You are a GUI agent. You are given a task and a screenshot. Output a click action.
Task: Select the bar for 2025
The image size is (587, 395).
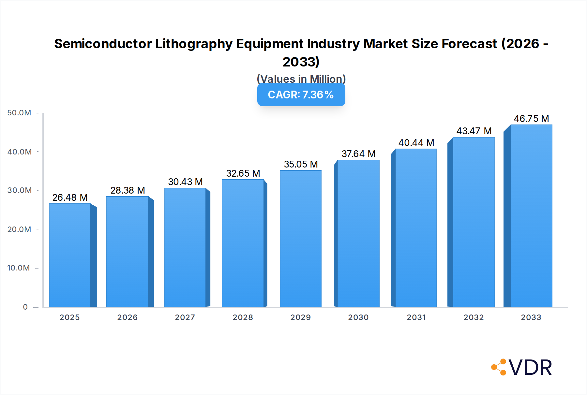pos(70,256)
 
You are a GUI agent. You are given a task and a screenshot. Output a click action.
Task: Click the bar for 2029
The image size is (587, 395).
pos(300,239)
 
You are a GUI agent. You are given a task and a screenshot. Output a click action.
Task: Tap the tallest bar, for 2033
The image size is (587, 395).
pos(531,216)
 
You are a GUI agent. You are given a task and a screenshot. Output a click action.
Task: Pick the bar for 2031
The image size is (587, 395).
pos(416,228)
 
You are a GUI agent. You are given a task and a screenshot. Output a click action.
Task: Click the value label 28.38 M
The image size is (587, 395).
pos(128,190)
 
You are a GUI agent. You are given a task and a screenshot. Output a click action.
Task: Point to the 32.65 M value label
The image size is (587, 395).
pos(243,173)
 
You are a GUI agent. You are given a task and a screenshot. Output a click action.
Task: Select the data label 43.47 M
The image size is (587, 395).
pos(474,131)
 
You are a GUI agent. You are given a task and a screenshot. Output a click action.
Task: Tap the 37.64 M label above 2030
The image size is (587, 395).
pos(358,154)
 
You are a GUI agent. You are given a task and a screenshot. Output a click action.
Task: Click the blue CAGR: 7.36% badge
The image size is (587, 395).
pos(301,95)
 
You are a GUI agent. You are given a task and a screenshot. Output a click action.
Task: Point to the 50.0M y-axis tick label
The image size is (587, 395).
pos(19,113)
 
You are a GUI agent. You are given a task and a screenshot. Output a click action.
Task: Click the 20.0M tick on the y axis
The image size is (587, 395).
pos(19,229)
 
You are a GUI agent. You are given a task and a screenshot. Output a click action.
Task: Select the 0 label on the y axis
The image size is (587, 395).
pos(25,307)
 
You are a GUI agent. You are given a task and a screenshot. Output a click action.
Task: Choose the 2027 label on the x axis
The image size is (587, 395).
pos(185,317)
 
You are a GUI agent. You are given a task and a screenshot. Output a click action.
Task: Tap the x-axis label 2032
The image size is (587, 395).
pos(474,317)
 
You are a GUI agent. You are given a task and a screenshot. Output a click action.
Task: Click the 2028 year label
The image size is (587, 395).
pos(243,317)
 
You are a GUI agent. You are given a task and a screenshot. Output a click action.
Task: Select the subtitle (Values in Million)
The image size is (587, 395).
pos(301,79)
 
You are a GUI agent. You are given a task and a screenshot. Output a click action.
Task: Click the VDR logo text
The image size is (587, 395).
pos(530,368)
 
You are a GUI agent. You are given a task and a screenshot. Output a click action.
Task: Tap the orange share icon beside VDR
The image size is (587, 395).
pos(499,367)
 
